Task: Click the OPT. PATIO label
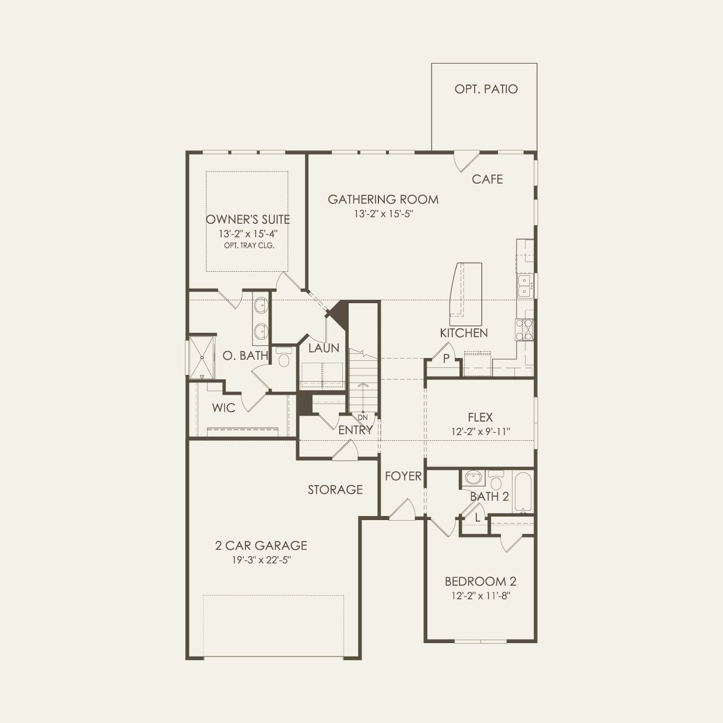pos(486,89)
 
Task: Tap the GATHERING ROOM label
pos(383,199)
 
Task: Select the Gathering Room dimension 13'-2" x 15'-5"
pos(383,214)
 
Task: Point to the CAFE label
pos(487,180)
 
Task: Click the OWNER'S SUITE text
pos(248,220)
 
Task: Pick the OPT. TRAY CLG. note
pos(249,245)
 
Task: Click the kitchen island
pos(466,293)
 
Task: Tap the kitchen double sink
pos(524,286)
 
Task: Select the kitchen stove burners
pos(524,329)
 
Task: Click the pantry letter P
pos(446,359)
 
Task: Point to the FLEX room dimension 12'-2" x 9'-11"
pos(480,432)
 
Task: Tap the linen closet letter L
pos(478,517)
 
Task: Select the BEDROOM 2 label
pos(480,581)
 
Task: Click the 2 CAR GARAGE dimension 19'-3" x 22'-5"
pos(261,560)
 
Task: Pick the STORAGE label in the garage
pos(335,490)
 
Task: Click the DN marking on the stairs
pos(363,417)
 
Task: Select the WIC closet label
pos(223,408)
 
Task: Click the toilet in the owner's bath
pos(284,357)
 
